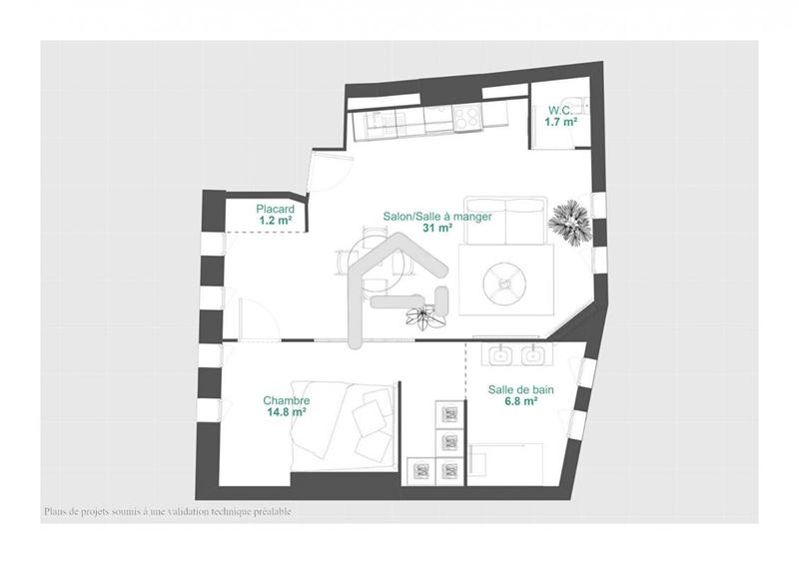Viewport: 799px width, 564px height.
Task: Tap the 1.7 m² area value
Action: coord(561,122)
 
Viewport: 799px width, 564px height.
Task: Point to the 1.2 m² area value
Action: coord(275,221)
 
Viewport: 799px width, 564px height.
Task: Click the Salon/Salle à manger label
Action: coord(437,216)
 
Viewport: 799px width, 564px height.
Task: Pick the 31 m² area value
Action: coord(437,228)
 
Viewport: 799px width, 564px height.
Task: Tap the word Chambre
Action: coord(285,396)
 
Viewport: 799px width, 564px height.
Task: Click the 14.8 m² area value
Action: coord(285,409)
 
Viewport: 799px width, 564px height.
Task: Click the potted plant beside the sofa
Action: coord(573,221)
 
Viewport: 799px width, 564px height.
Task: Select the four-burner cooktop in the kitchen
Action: coord(465,119)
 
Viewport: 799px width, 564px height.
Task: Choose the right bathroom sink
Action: coord(535,354)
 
